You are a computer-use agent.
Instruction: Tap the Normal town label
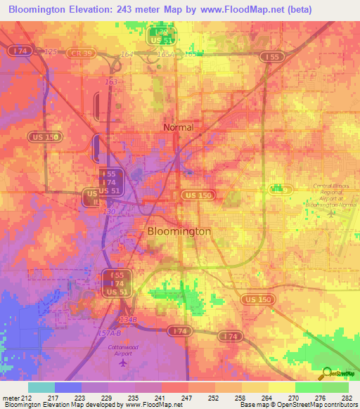coord(178,128)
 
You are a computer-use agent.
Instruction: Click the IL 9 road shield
coord(281,190)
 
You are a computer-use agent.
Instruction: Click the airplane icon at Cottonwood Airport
coord(124,363)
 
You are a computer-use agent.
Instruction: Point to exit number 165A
coord(166,54)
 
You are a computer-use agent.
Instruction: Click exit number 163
coord(111,82)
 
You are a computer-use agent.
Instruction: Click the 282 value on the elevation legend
coord(347,398)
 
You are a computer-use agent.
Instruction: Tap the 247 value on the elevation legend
coord(188,398)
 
